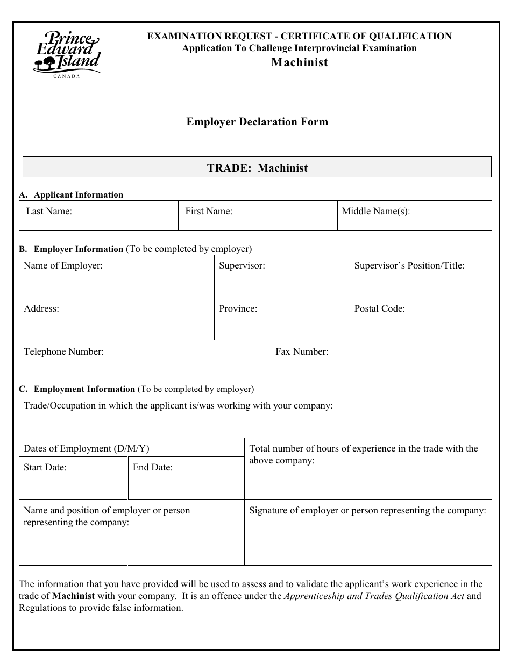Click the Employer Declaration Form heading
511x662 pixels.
257,122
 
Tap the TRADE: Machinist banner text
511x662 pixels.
257,168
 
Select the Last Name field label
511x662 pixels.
49,211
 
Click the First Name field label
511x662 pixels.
209,211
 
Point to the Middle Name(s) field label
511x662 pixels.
376,211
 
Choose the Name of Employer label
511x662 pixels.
63,265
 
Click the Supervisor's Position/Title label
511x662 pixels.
409,265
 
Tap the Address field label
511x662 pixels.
41,308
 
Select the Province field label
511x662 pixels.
238,308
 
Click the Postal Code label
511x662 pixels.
379,308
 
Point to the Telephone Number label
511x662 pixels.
63,351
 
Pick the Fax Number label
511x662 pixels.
302,351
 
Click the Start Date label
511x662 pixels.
45,467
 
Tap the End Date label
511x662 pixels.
153,467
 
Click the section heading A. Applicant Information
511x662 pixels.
71,195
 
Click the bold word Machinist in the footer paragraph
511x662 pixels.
74,596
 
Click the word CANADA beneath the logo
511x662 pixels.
67,76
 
